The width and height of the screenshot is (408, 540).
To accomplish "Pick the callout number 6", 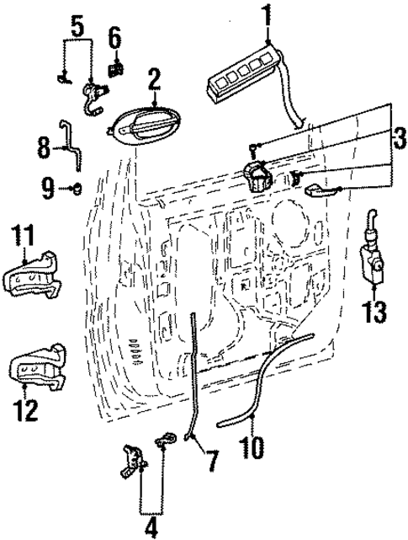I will click(x=115, y=37).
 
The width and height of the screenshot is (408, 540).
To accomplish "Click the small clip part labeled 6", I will click(x=116, y=62).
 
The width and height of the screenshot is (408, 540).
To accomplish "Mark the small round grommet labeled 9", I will click(x=77, y=186).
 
